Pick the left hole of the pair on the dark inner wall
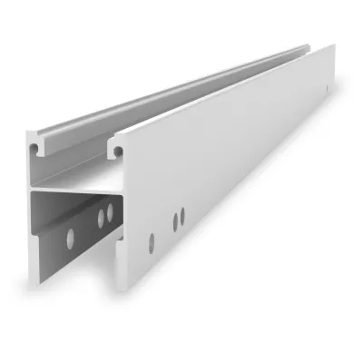click(x=100, y=219)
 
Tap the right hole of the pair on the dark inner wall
click(x=110, y=213)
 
